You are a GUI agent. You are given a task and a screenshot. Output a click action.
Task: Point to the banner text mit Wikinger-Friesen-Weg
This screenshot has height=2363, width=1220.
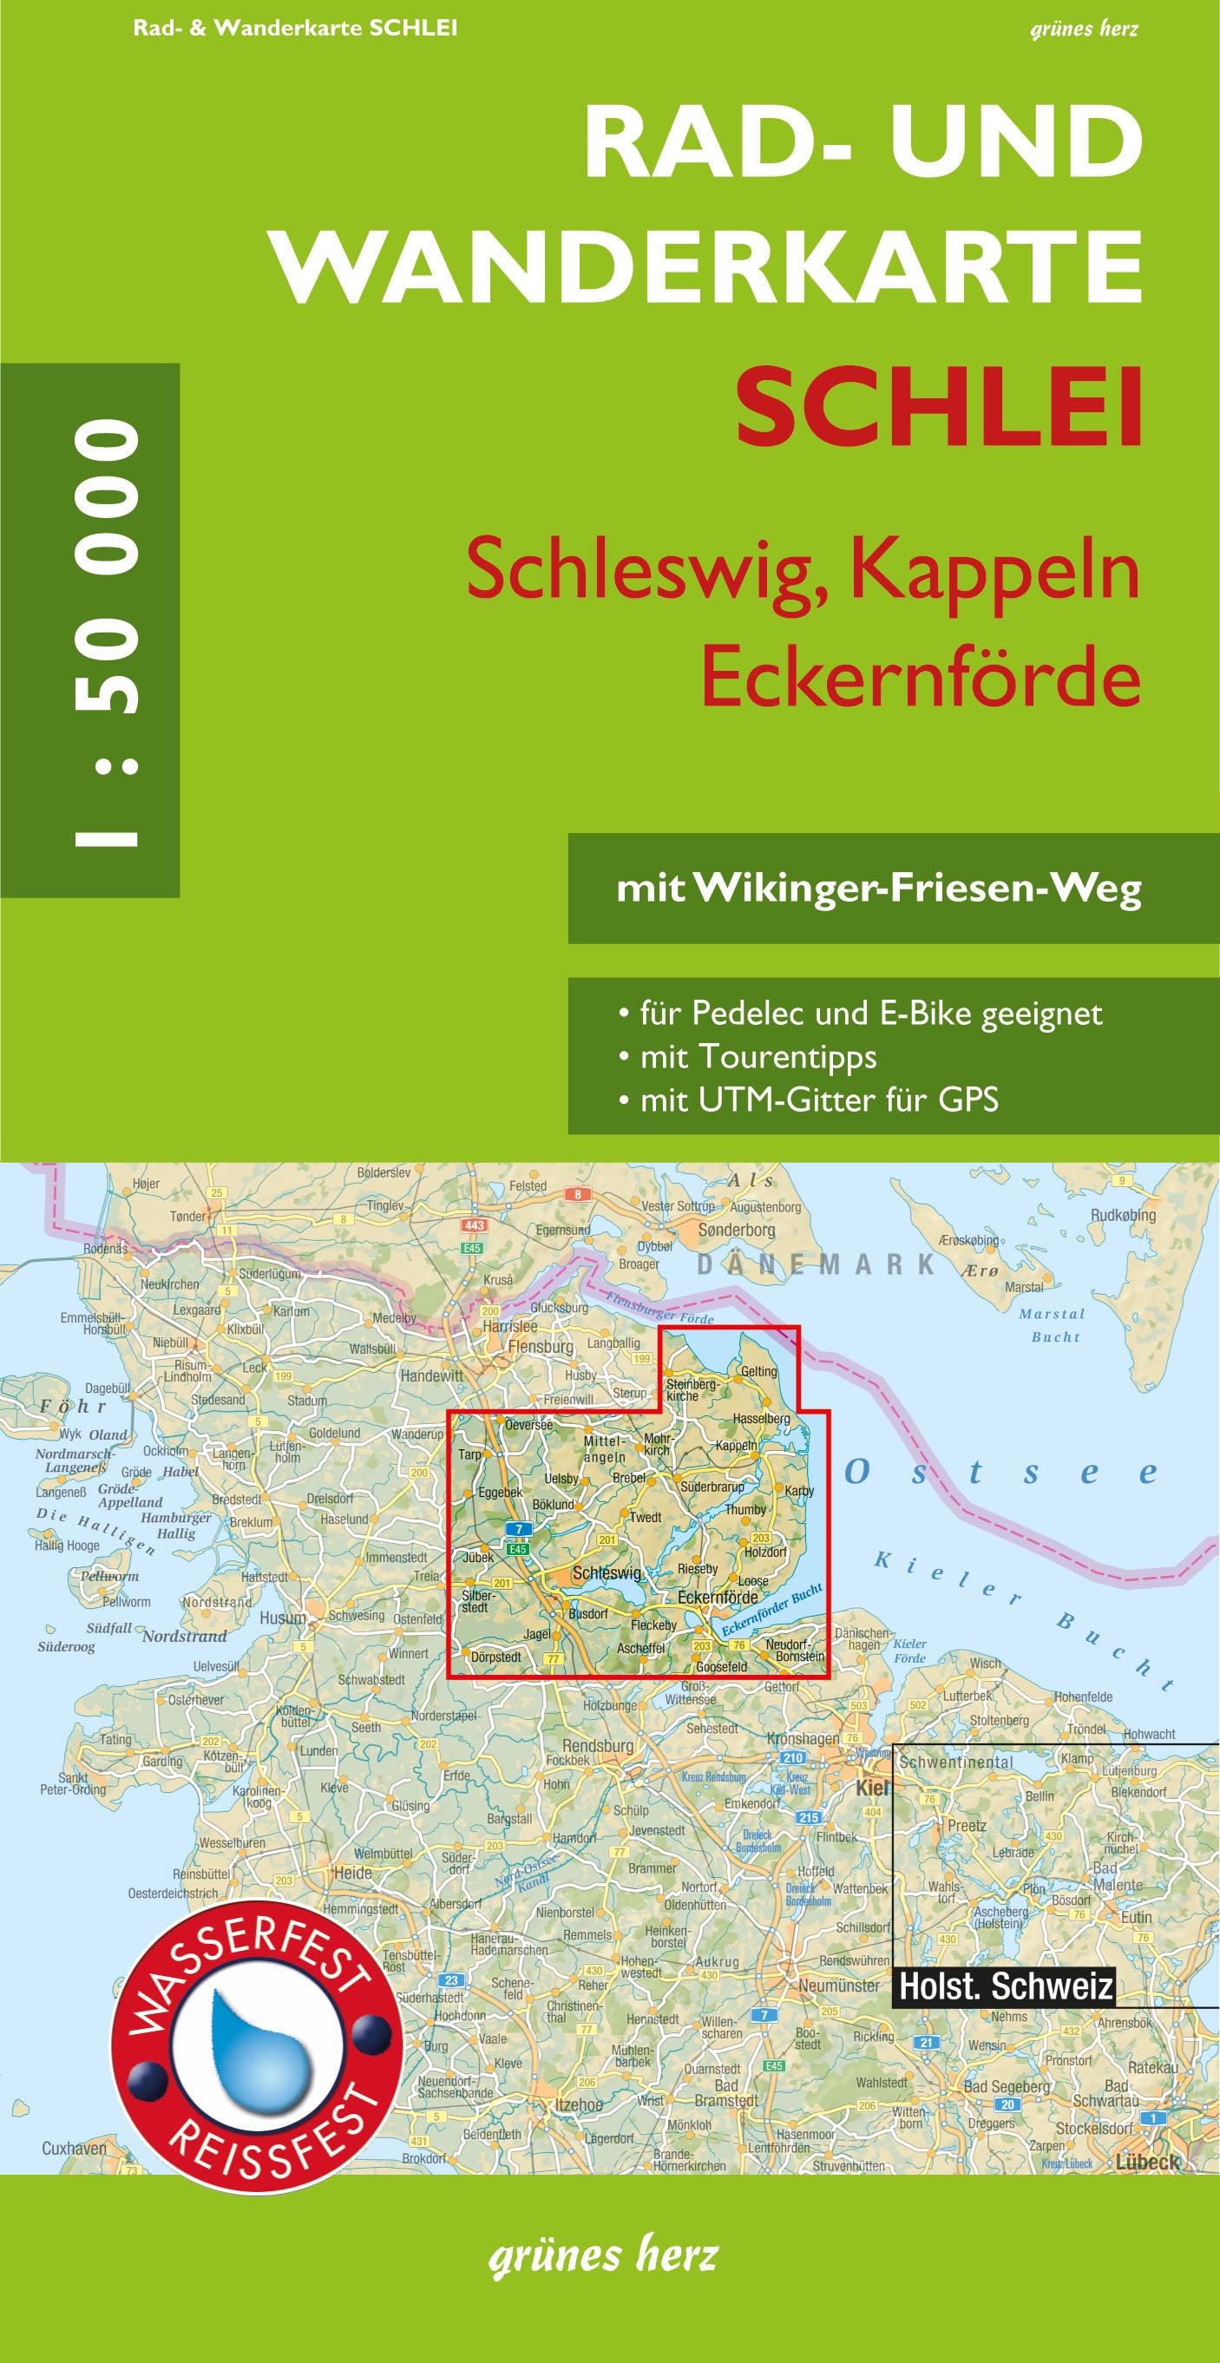click(879, 888)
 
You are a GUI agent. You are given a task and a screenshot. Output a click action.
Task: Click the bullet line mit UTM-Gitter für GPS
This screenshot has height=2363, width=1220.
click(818, 1099)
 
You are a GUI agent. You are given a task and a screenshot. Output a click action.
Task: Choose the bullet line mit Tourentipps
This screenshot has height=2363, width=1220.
click(758, 1056)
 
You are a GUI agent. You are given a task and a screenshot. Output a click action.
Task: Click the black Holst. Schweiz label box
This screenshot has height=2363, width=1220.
click(1006, 1987)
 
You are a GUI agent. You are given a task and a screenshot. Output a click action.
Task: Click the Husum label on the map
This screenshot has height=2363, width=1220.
click(283, 1618)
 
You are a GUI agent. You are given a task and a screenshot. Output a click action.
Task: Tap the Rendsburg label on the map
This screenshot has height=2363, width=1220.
click(597, 1746)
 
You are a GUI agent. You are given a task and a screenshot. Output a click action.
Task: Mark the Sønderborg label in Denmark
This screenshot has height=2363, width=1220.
click(737, 1229)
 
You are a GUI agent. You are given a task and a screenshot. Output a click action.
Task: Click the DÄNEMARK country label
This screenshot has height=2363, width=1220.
click(816, 1264)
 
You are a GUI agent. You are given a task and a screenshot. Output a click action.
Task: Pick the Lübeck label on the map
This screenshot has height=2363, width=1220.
click(1146, 2163)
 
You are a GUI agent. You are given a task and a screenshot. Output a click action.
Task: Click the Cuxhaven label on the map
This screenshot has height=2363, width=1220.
click(75, 2149)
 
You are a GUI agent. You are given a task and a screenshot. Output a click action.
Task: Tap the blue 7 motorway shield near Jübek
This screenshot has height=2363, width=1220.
click(519, 1529)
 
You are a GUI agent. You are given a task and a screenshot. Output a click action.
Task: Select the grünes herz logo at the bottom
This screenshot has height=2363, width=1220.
click(604, 2255)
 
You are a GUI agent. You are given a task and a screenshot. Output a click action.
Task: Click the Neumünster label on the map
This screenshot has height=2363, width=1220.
click(838, 1985)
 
